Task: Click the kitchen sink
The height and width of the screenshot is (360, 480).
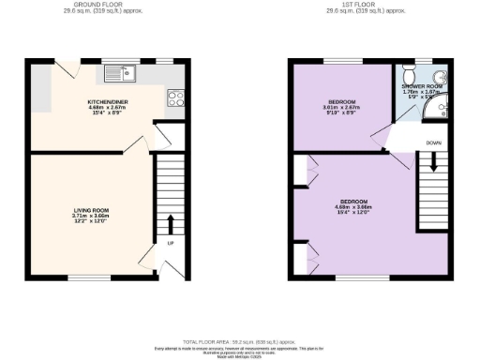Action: [122, 71]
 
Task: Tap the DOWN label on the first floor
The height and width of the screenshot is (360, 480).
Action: [433, 142]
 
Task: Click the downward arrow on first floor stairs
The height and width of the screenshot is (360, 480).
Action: [433, 161]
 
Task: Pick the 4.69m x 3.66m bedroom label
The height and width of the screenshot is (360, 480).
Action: [355, 206]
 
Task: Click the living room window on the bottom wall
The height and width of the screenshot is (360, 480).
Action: [82, 277]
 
